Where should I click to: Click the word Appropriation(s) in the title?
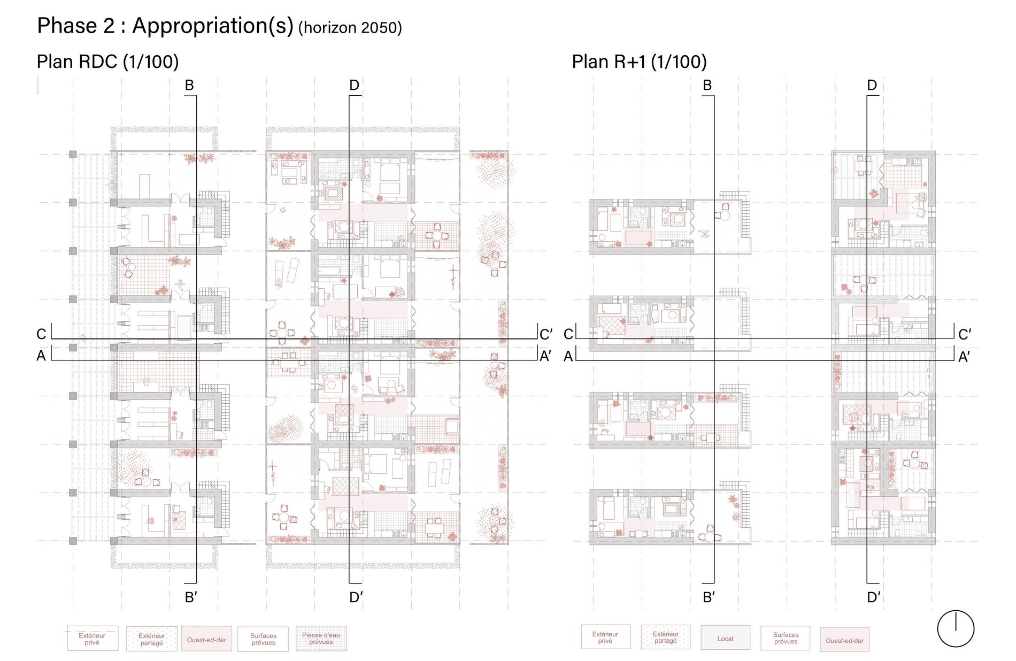(x=213, y=26)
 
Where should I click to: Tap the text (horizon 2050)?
(x=350, y=28)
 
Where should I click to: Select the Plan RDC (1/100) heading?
(x=107, y=62)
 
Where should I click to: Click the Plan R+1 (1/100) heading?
(x=640, y=62)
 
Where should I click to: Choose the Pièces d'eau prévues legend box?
(x=321, y=639)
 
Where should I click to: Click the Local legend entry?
(x=725, y=638)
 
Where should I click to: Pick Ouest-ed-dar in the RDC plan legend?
(x=206, y=639)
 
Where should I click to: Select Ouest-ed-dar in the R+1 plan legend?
(x=844, y=640)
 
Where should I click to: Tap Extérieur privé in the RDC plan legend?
(x=92, y=639)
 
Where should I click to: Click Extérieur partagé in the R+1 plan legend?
(x=665, y=637)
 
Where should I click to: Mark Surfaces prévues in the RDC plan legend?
(x=263, y=639)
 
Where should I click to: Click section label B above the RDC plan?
(x=189, y=86)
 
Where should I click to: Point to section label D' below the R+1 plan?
(x=874, y=597)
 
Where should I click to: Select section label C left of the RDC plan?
(x=42, y=334)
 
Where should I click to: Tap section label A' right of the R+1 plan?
(x=964, y=357)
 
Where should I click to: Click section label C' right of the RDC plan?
(x=545, y=335)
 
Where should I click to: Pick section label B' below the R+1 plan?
(x=709, y=597)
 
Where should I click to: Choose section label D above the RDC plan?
(x=354, y=86)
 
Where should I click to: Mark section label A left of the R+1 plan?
(x=568, y=356)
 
